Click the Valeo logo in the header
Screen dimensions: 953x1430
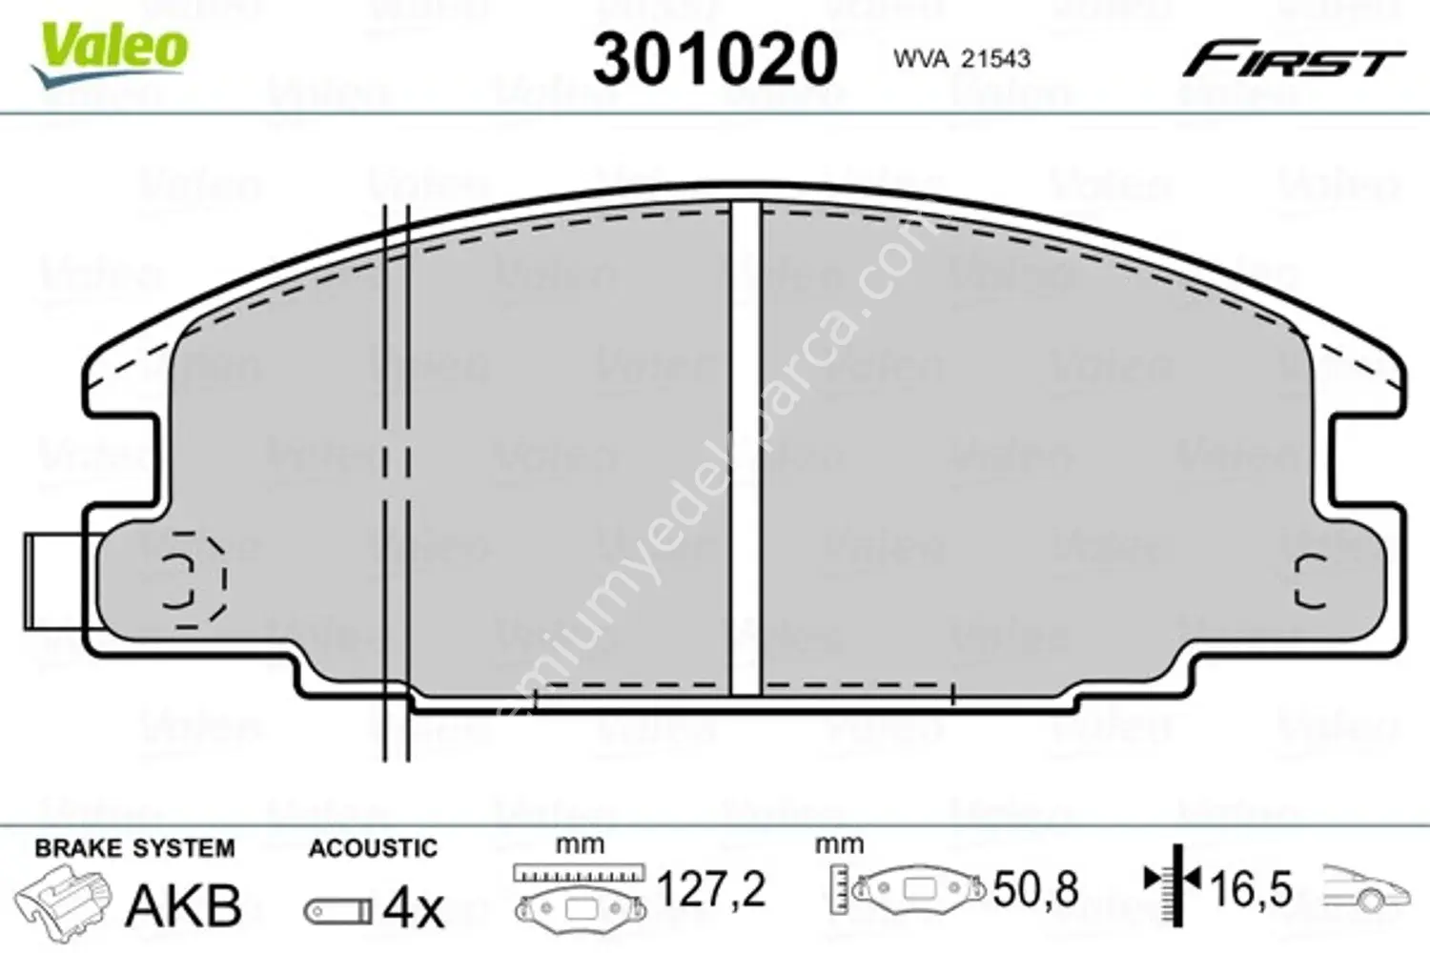coord(110,52)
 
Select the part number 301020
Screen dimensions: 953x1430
coord(714,59)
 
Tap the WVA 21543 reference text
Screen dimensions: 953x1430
coord(961,59)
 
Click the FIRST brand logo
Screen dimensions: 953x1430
coord(1293,62)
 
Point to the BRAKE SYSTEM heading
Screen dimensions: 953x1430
coord(134,847)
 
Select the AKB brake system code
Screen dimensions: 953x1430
coord(184,905)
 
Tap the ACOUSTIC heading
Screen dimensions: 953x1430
coord(373,847)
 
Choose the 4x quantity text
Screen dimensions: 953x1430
coord(413,908)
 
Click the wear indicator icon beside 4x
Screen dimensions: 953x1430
coord(338,911)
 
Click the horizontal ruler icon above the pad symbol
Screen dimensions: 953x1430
coord(579,872)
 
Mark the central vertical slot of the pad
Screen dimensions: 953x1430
coord(746,448)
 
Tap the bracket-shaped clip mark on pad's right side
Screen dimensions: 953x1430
coord(1310,580)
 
